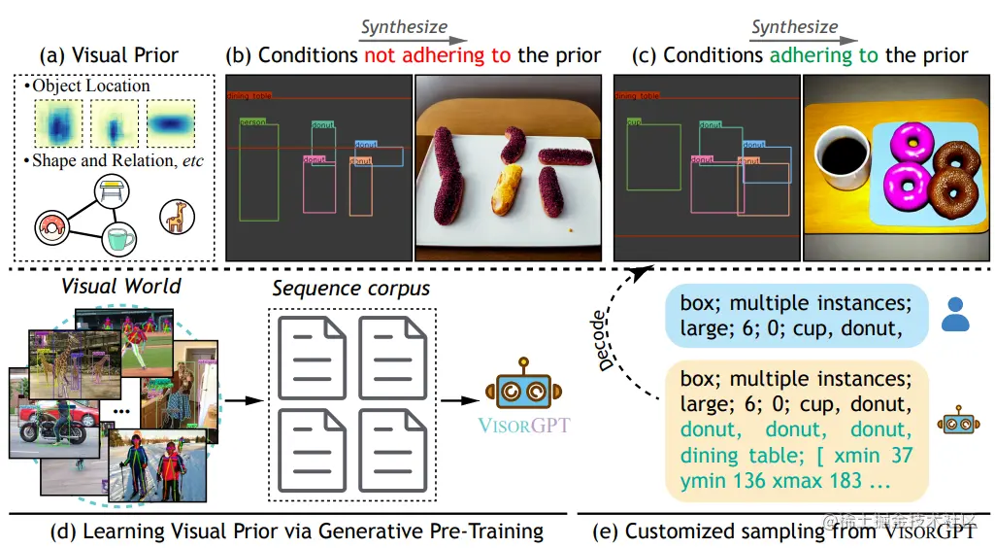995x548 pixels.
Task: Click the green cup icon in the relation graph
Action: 119,237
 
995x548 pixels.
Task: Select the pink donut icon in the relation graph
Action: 48,227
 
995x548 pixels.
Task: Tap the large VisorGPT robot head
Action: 523,386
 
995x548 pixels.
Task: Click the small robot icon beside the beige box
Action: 955,425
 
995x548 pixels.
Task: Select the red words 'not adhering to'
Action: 437,55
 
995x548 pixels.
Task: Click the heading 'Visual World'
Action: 120,286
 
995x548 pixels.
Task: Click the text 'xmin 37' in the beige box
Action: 878,453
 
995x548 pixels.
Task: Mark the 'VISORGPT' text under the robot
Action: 524,426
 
